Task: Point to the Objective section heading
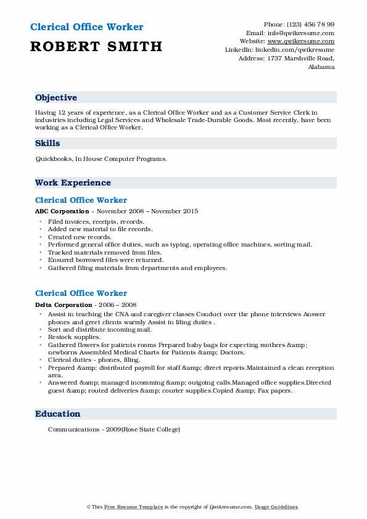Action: (x=56, y=98)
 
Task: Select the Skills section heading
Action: (x=47, y=144)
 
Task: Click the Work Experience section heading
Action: (x=73, y=183)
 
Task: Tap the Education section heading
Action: (x=57, y=414)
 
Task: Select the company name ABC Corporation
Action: (x=62, y=211)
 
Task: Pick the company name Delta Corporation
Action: (x=64, y=304)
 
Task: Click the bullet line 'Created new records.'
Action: (x=80, y=237)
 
